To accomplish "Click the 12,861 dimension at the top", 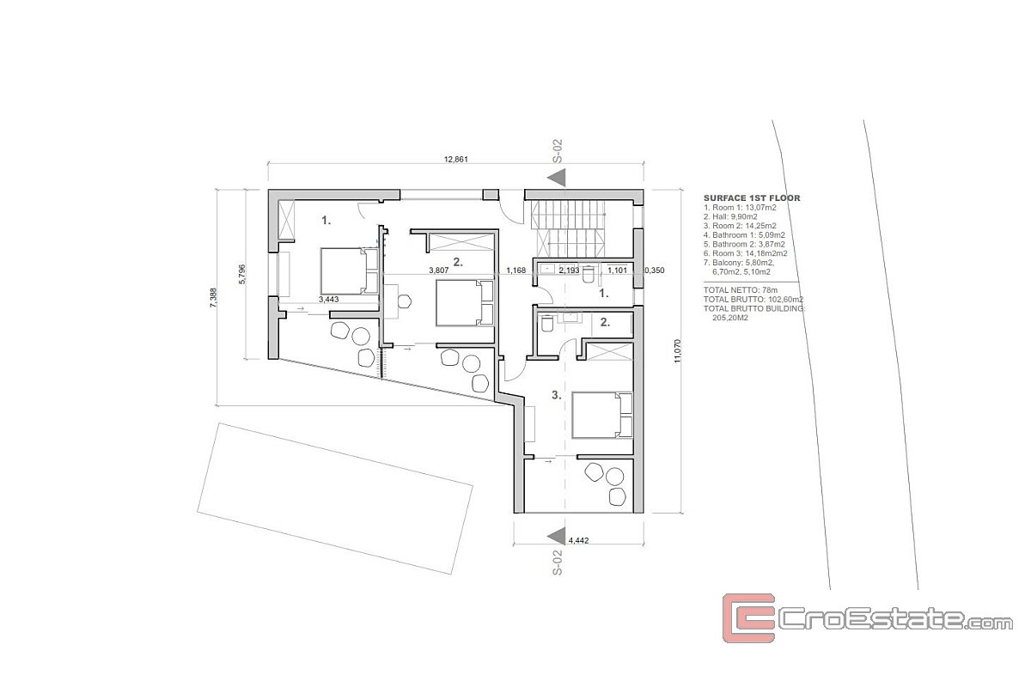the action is (x=455, y=160).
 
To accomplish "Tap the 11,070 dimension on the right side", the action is (x=677, y=351).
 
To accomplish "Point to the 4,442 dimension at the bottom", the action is (x=578, y=541).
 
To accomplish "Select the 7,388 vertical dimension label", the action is (x=213, y=298).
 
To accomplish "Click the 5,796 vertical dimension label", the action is (x=242, y=274).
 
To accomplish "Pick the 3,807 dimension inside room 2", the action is (x=439, y=271).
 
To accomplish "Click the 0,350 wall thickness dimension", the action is (x=654, y=271).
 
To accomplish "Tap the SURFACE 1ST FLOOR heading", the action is (x=752, y=198).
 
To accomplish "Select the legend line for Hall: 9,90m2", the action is (x=730, y=216).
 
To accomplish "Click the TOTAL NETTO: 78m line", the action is (x=741, y=290).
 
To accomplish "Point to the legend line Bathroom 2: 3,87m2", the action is (x=744, y=245).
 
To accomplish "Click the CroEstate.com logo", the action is (x=867, y=618).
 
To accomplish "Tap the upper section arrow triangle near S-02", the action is (x=557, y=178).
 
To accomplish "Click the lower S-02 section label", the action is (x=557, y=562).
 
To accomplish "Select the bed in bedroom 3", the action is (x=602, y=415).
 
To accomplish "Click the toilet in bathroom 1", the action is (x=589, y=274).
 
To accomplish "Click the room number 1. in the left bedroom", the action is (x=326, y=221).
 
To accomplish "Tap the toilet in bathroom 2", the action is (x=546, y=323).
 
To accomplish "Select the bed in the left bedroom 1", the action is (x=350, y=271).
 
